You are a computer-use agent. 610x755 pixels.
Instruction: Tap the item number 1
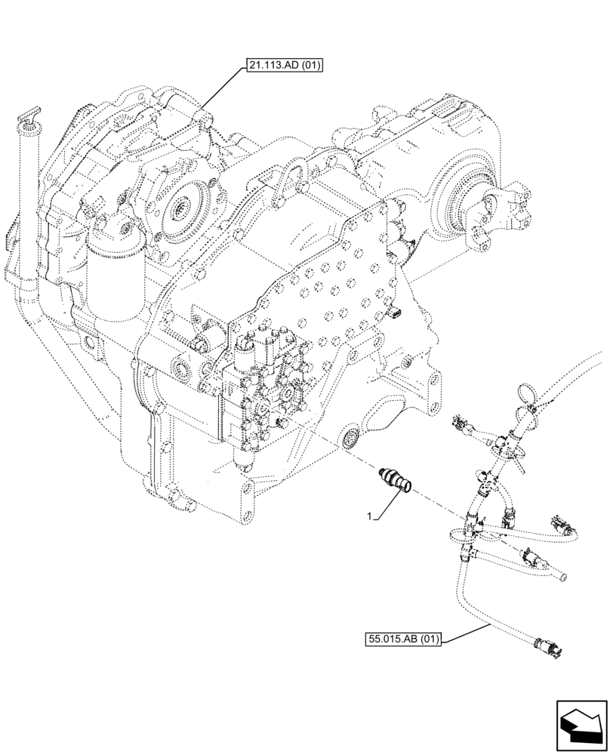(x=369, y=516)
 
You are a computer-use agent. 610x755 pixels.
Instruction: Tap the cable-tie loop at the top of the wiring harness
(x=528, y=393)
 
